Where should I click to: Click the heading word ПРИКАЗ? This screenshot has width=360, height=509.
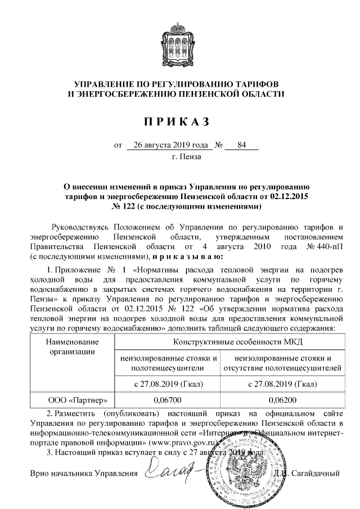[x=181, y=120]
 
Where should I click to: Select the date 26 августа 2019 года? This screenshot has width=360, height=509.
[x=169, y=146]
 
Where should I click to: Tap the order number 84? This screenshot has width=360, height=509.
[x=242, y=146]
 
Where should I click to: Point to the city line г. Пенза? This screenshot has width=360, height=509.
[x=186, y=157]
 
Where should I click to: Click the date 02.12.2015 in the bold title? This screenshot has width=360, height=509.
[x=290, y=196]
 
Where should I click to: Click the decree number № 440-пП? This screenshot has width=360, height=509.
[x=325, y=246]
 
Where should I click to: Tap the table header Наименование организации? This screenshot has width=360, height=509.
[x=72, y=347]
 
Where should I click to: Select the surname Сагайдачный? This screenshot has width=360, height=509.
[x=318, y=474]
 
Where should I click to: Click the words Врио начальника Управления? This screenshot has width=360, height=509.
[x=84, y=474]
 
